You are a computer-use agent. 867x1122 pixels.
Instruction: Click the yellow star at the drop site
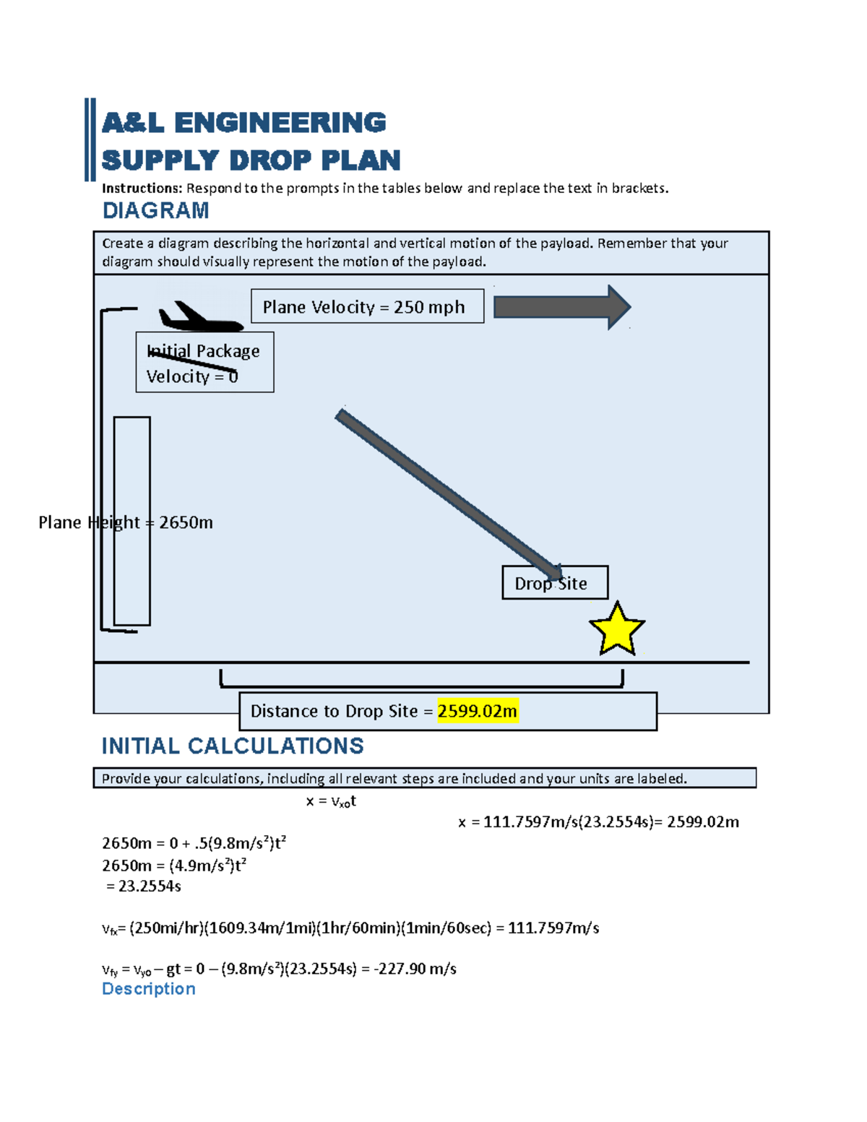click(617, 630)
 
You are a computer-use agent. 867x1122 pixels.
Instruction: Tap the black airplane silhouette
click(197, 319)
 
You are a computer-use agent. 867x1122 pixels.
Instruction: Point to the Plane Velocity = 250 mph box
click(367, 306)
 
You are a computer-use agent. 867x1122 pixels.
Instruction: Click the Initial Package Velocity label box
click(204, 363)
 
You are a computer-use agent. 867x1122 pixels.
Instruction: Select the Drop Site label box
click(555, 583)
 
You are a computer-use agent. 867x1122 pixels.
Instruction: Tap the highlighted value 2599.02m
click(478, 711)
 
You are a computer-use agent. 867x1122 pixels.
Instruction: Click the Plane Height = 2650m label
click(125, 522)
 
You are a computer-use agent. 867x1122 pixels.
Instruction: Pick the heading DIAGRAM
click(155, 210)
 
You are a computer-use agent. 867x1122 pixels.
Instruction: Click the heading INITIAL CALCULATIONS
click(233, 746)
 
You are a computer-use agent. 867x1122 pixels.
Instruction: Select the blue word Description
click(149, 988)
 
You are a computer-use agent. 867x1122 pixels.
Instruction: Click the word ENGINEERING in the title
click(280, 123)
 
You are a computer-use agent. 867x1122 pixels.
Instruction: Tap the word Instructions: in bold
click(142, 189)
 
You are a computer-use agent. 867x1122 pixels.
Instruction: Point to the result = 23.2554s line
click(144, 886)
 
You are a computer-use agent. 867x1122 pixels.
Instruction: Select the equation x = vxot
click(331, 801)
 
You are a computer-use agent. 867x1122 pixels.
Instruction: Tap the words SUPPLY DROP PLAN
click(251, 160)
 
